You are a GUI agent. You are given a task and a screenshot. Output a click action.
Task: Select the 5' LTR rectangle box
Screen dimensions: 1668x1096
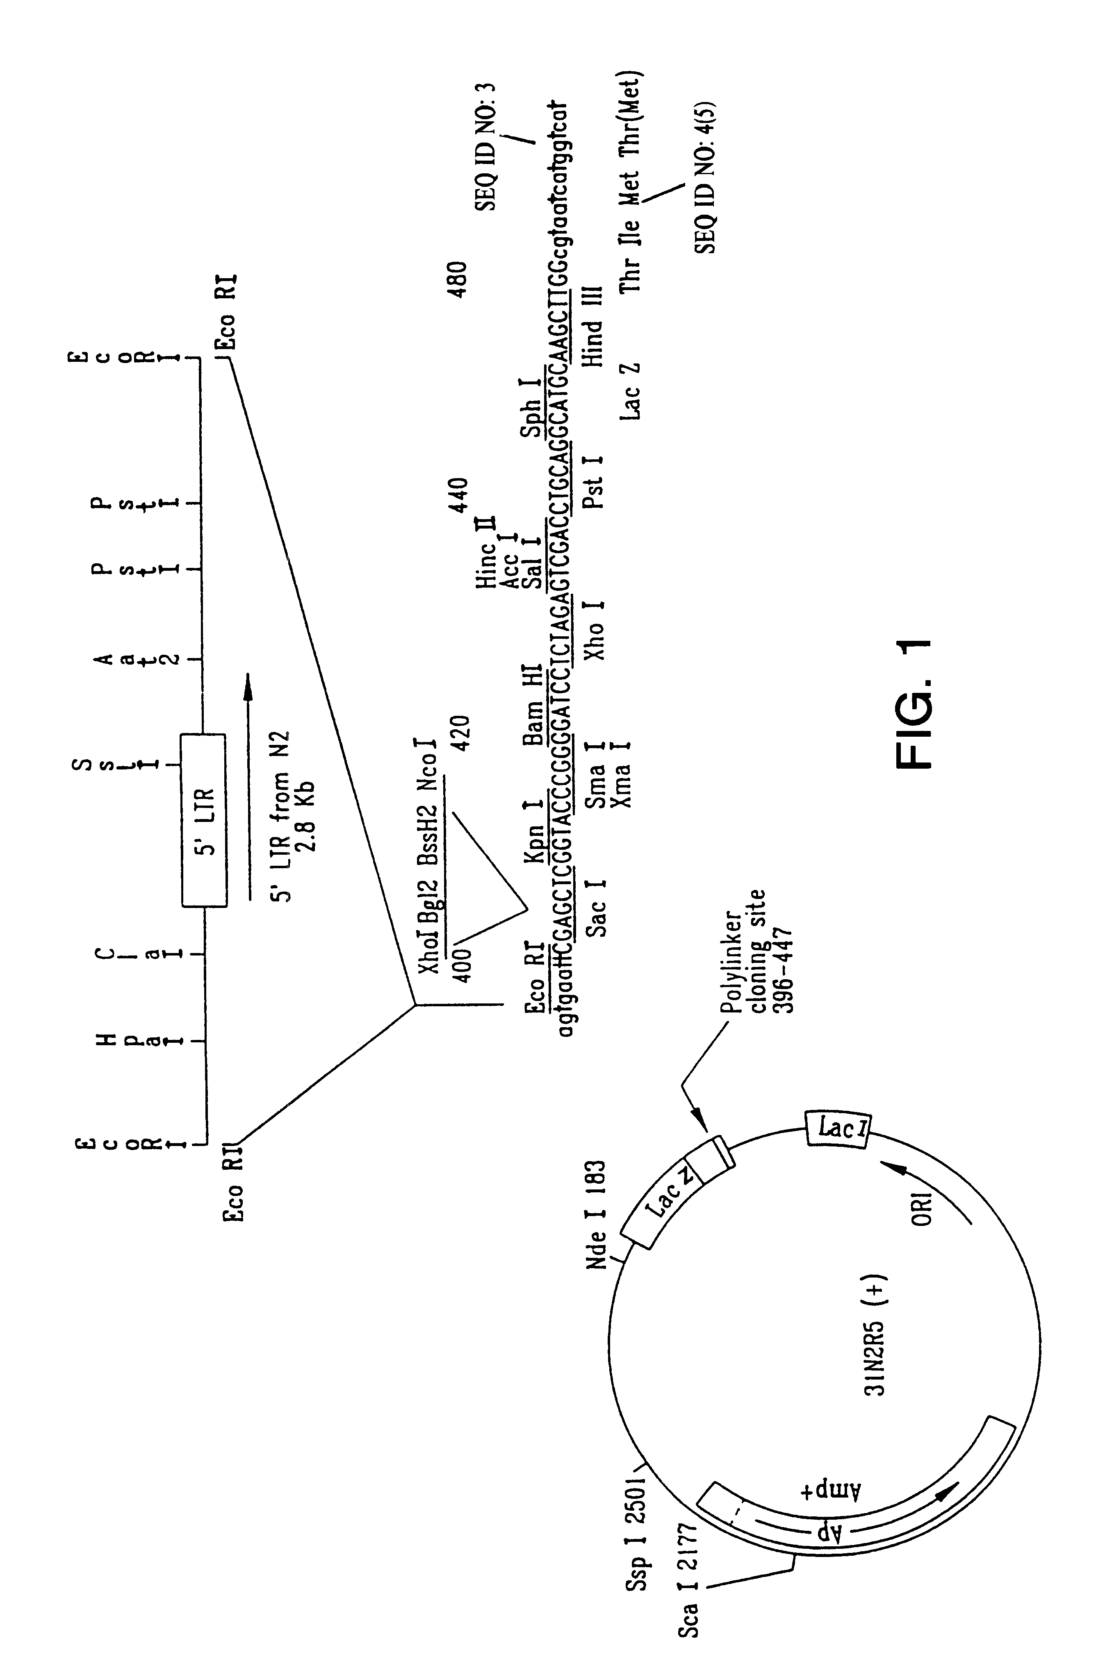[x=204, y=820]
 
